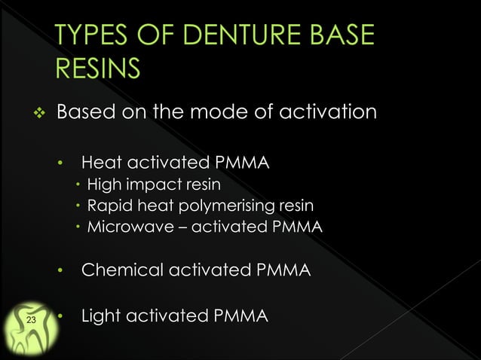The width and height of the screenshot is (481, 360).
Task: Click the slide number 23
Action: tap(31, 322)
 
